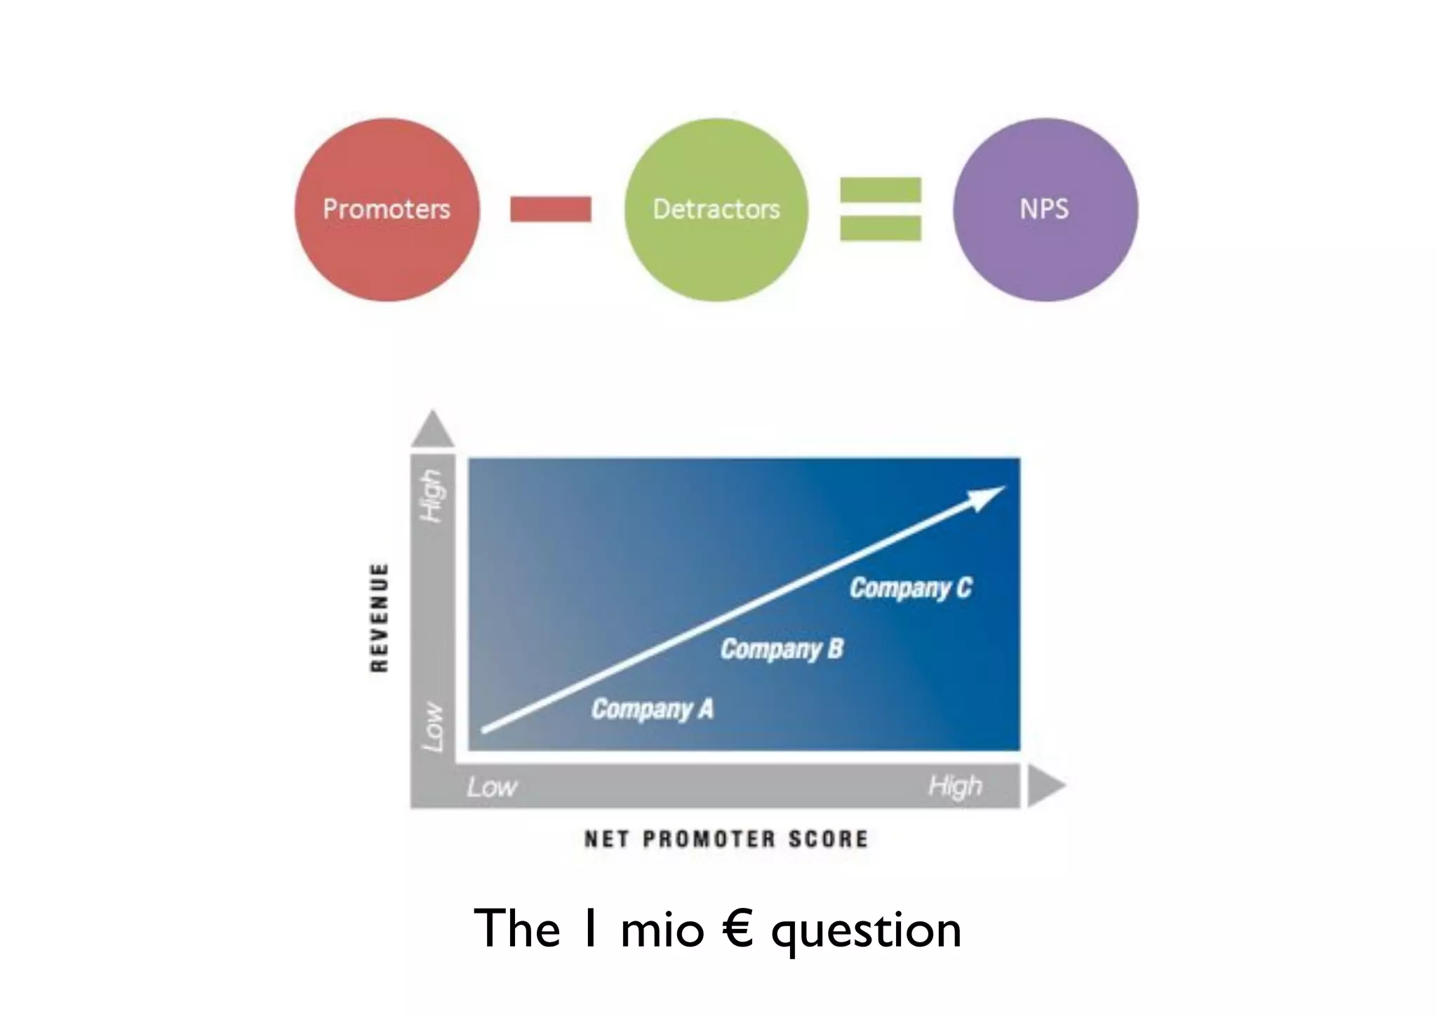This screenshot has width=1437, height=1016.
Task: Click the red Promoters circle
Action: pos(387,210)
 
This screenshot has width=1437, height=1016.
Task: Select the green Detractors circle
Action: pos(716,210)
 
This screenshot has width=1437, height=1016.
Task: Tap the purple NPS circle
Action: pos(1045,210)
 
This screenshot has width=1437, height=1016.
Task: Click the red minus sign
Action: pos(551,209)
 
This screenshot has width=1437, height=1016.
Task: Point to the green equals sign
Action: pos(881,209)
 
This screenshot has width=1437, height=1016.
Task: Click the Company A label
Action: pos(652,709)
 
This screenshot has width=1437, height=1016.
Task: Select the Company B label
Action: pos(782,649)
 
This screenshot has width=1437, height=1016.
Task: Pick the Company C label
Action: pos(911,588)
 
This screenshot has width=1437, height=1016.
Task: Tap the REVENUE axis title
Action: pos(379,617)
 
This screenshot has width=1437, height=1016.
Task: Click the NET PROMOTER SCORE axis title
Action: pos(726,839)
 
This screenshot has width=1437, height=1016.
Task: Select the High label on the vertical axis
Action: pos(432,495)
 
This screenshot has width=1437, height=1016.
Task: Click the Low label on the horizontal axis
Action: pos(492,787)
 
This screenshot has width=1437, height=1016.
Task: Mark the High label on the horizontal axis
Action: pos(955,786)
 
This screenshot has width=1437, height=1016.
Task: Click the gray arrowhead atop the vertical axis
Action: pos(432,429)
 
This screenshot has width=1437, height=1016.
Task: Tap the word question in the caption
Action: pos(866,930)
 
